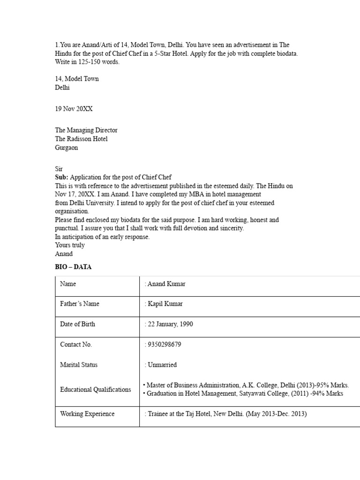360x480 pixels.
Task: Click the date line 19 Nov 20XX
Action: tap(74, 109)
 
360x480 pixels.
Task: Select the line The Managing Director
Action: tap(86, 130)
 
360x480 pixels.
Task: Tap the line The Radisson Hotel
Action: tap(81, 139)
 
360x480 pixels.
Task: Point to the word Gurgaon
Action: tap(67, 148)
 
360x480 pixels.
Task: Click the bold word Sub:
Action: tap(61, 177)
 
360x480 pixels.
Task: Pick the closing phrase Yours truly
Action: tap(70, 245)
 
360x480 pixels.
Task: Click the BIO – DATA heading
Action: tap(74, 267)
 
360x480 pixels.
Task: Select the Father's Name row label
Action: tap(80, 304)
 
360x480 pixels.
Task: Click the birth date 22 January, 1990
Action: tap(170, 324)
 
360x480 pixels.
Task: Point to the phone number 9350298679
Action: tap(164, 345)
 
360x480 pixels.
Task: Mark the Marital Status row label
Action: tap(79, 365)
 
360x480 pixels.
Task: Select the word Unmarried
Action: tap(162, 365)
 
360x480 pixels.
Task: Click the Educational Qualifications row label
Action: tap(96, 390)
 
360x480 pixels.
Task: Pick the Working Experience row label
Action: tap(87, 414)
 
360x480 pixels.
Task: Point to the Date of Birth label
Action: tap(77, 324)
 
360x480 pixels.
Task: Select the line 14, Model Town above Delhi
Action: tap(77, 79)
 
